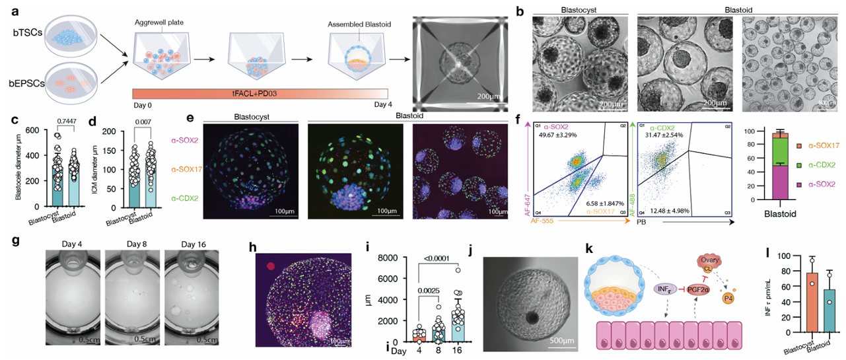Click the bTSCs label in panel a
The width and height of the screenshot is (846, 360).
[19, 32]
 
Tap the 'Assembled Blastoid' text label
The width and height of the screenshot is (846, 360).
[357, 24]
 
